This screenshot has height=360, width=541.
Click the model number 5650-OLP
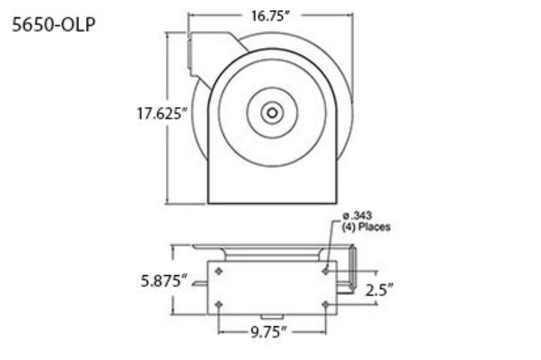tap(53, 25)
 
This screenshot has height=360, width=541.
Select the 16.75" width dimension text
tap(270, 16)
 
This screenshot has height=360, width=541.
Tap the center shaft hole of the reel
tap(272, 112)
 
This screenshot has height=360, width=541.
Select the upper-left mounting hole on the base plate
tap(218, 271)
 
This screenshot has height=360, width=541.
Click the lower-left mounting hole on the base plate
tap(218, 305)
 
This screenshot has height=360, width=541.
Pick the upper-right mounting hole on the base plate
tap(326, 271)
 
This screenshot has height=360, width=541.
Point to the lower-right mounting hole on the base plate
tap(326, 305)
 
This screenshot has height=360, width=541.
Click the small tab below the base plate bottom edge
tap(272, 317)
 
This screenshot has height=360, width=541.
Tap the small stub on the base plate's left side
tap(200, 287)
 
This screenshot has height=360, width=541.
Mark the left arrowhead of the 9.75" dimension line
tap(221, 331)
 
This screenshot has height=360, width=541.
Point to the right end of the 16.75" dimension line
tap(352, 16)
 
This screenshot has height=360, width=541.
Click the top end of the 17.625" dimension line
tap(168, 34)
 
